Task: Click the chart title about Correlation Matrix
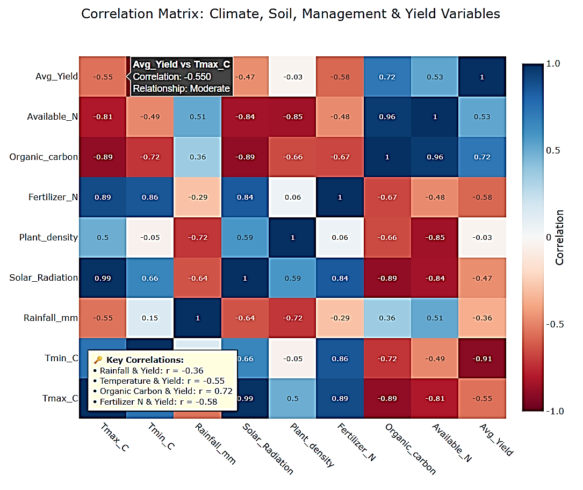pos(291,14)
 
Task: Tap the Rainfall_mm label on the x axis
pos(214,443)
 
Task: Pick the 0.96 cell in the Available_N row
pos(387,117)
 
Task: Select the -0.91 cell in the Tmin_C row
pos(482,358)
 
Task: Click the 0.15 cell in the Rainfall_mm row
pos(150,318)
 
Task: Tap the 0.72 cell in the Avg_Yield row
pos(387,77)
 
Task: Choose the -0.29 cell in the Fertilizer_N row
pos(197,197)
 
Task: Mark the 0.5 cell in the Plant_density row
pos(103,237)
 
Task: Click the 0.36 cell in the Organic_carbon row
pos(197,157)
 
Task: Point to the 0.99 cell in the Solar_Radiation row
pos(103,277)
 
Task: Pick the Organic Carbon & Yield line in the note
pos(163,391)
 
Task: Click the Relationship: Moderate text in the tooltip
pos(181,89)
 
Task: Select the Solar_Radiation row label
pos(44,277)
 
